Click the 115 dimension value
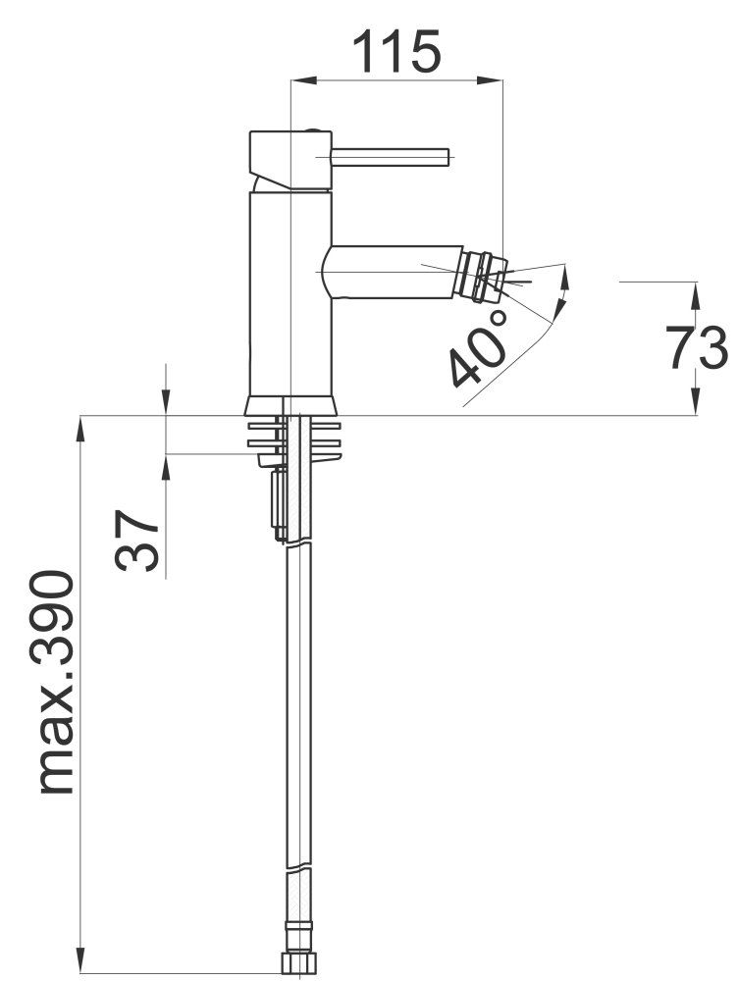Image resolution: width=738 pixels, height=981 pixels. coord(396,50)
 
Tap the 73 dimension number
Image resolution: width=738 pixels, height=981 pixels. coord(698,347)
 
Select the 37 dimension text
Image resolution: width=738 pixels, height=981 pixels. coord(136,540)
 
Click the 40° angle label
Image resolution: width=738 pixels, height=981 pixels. coord(480,348)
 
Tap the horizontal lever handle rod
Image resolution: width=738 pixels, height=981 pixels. coord(390,157)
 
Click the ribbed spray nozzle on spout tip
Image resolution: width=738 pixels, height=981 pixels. coord(481,274)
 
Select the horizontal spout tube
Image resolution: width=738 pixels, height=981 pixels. coord(392,272)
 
